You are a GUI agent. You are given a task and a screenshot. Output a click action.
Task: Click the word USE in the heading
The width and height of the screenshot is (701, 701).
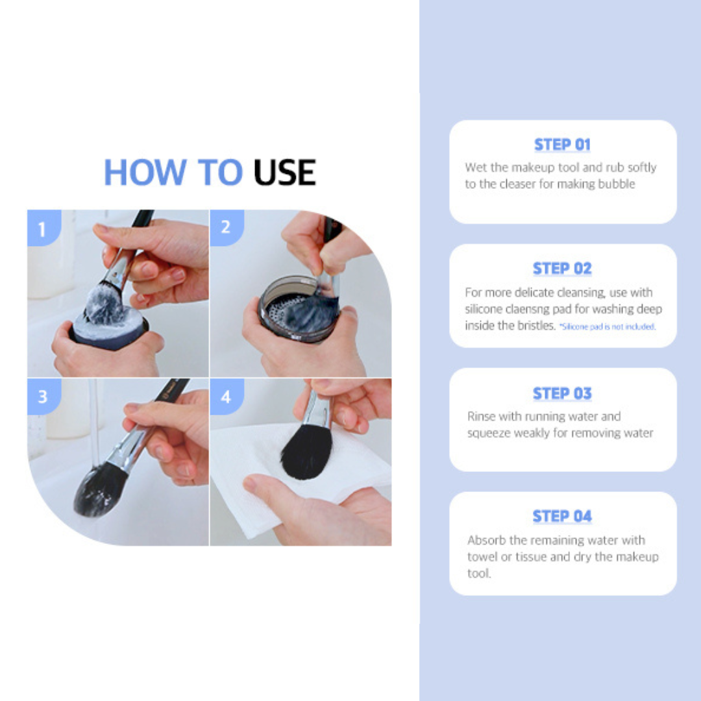click(x=285, y=172)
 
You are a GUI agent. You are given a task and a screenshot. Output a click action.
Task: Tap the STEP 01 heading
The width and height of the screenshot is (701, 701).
click(x=562, y=144)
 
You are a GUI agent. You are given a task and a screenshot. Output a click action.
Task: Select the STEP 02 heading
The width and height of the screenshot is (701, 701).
click(x=562, y=268)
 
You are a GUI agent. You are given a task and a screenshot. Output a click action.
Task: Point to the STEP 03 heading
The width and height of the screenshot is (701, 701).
click(x=562, y=393)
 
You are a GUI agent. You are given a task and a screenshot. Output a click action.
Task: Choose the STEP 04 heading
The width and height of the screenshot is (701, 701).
click(x=562, y=517)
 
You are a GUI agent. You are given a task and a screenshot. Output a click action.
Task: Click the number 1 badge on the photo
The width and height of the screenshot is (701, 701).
click(x=44, y=228)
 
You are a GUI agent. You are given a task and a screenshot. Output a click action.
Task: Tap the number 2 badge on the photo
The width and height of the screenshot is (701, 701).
click(x=227, y=228)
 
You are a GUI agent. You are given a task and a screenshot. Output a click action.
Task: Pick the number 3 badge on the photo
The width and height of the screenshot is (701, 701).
click(x=44, y=396)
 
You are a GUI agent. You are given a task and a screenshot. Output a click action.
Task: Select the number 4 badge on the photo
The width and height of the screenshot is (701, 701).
click(x=227, y=396)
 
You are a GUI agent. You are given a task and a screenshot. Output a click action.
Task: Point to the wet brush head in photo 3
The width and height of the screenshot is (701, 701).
click(x=99, y=489)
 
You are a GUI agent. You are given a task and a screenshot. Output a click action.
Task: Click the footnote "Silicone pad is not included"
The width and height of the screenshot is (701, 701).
click(x=608, y=326)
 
